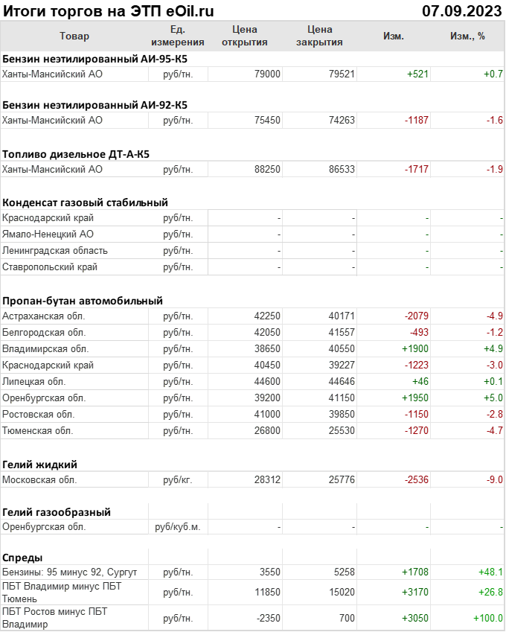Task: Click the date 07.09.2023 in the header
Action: (461, 11)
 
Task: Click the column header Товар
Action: (74, 36)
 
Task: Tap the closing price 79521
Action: (342, 74)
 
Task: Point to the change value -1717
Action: (416, 170)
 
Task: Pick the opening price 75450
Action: (267, 120)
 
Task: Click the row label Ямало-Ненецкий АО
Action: (48, 234)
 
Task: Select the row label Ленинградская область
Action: (55, 251)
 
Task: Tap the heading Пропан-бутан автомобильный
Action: (83, 301)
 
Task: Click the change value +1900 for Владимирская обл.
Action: (414, 349)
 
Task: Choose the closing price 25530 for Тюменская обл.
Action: (342, 431)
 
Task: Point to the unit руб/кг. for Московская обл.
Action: (178, 480)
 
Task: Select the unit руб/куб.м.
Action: (177, 527)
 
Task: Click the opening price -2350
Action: (265, 619)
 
